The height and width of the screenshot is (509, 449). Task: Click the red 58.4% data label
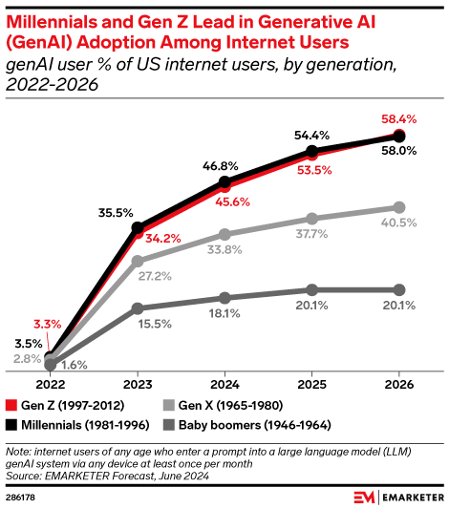coord(414,118)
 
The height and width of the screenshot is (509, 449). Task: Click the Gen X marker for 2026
coord(398,207)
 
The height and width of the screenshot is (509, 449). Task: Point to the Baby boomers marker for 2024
coord(224,298)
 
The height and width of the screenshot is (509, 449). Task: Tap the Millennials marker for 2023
coord(138,228)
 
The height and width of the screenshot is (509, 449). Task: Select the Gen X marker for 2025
coord(311,219)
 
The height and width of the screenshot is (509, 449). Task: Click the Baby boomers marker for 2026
coord(398,289)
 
